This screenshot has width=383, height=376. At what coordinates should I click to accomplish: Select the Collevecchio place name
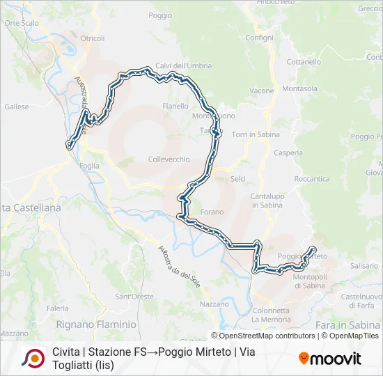point(169,159)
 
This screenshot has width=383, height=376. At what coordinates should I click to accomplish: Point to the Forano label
point(212,212)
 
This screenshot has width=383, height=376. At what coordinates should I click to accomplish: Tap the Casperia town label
point(288,152)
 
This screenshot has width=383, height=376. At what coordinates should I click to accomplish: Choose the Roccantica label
point(312,179)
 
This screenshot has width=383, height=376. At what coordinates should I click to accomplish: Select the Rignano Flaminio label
point(96,324)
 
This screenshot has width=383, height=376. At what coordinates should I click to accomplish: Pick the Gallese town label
point(17,107)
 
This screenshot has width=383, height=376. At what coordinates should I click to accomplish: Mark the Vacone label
point(262,91)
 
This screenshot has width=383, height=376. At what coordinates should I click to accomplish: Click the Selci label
point(238,179)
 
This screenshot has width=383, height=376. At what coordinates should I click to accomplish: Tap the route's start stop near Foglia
point(69,145)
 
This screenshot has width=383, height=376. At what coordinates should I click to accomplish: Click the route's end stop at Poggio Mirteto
point(313,250)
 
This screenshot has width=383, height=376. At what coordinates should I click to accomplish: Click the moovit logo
point(330,359)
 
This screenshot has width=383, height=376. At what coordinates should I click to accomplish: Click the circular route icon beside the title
point(33,358)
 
